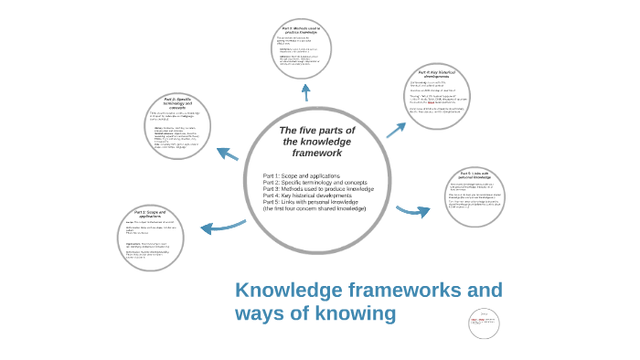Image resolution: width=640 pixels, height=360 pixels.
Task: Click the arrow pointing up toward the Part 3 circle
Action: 305,92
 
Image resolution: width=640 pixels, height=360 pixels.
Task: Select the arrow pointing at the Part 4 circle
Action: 395,130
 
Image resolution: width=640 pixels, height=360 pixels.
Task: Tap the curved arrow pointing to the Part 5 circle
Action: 412,212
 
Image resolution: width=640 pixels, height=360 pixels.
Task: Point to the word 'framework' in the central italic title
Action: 316,153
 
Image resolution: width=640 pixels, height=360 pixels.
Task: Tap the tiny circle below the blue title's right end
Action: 485,322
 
